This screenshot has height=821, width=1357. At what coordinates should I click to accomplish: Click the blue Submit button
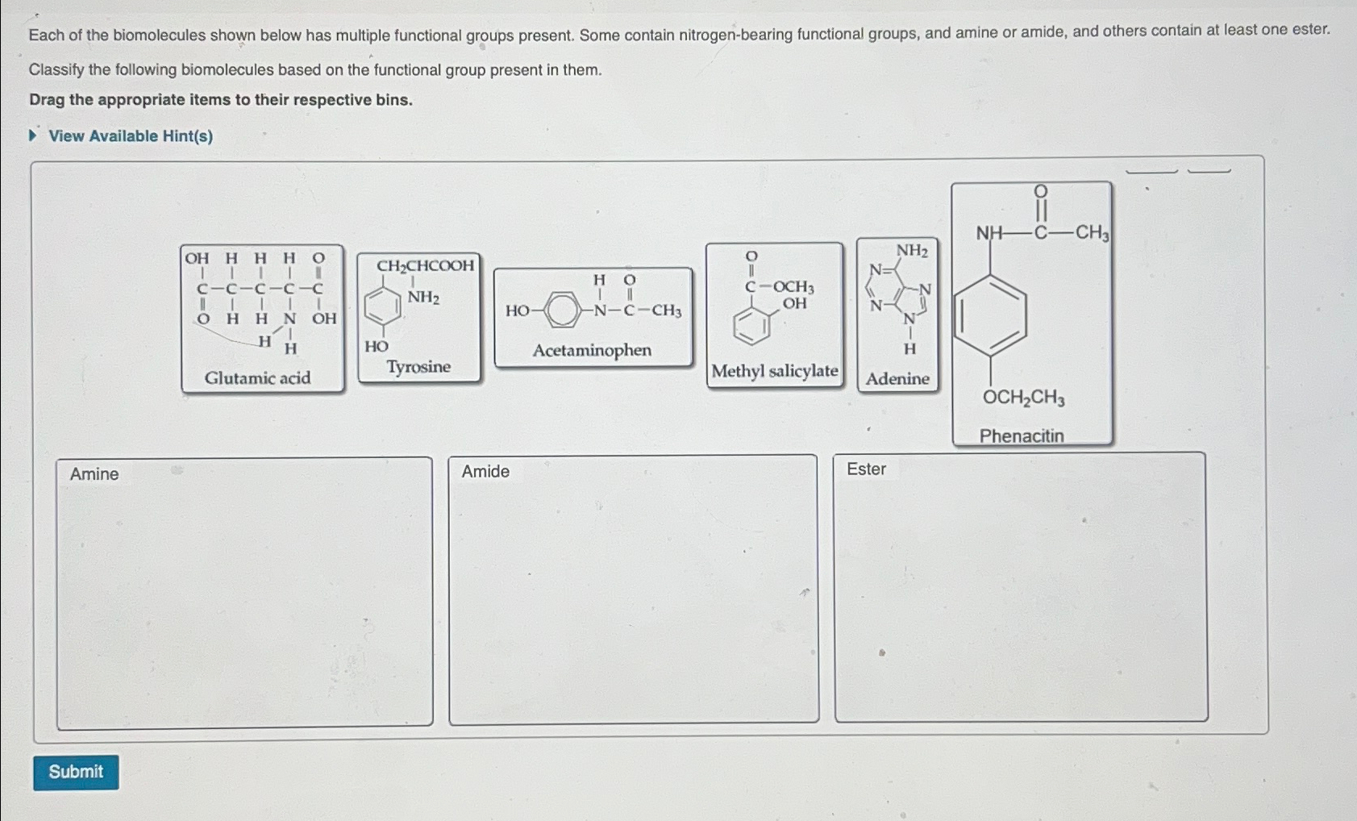point(76,772)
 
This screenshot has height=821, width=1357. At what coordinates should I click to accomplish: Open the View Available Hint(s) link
point(131,136)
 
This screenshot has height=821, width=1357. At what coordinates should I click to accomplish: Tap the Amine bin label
point(94,474)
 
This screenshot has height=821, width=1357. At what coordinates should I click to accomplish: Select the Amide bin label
point(485,472)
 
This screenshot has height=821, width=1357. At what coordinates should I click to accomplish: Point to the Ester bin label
point(866,469)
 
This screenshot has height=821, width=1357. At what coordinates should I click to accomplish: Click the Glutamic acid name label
point(257,378)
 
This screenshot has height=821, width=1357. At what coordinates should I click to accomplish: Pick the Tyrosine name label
point(418,367)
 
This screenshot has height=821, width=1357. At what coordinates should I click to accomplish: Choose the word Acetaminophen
point(592,351)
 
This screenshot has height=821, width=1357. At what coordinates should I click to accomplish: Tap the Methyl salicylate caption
point(774,371)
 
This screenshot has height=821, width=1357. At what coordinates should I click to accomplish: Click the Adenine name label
point(897,379)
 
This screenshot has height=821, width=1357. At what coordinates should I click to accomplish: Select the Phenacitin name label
point(1022,436)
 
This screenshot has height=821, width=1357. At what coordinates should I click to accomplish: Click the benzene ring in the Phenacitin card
point(991,315)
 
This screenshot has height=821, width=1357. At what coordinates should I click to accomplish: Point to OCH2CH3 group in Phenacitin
point(1023,398)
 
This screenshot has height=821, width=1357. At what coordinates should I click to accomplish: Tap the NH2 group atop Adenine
point(912,251)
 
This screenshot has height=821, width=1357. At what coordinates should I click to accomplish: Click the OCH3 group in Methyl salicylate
point(793,287)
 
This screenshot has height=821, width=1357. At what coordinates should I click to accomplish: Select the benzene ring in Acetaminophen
point(562,310)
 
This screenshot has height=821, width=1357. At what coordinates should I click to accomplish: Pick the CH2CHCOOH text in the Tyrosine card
point(425,266)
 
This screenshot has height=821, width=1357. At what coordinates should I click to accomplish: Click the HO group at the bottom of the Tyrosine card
point(377,347)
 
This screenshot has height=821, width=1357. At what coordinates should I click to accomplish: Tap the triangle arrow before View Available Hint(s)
point(33,135)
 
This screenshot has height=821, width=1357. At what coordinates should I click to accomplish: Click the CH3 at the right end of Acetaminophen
point(667,311)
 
